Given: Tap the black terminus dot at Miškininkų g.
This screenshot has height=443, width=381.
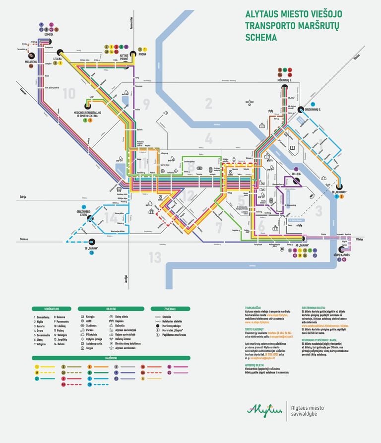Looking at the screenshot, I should tap(285, 88).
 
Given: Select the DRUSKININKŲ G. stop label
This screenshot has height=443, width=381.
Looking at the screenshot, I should tap(313, 109).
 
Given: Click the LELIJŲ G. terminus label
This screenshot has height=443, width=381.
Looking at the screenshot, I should tap(297, 174).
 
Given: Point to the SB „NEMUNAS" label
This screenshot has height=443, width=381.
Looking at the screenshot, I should tap(339, 190).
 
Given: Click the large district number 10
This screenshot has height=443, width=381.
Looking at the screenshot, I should tap(69, 93).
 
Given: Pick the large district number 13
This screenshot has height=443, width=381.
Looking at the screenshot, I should tap(155, 257).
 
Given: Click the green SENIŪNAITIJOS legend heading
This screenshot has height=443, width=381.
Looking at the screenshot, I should tap(52, 309).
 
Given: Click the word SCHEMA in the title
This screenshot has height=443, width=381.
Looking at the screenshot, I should tap(261, 37).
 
